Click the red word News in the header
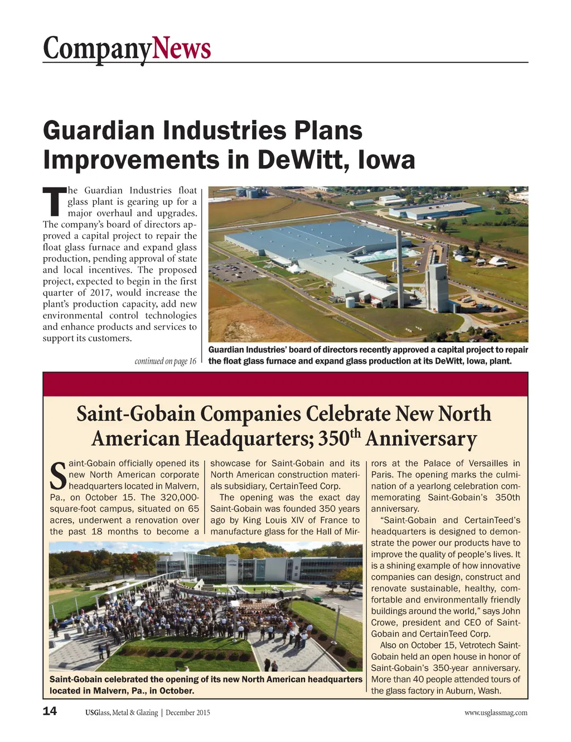(x=181, y=49)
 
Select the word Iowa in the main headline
(x=386, y=160)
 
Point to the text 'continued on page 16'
(x=166, y=362)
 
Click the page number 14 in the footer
(x=50, y=711)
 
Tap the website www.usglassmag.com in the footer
(x=495, y=712)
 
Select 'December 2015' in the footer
(x=188, y=712)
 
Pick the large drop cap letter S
(x=58, y=475)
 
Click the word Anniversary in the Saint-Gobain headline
(x=422, y=439)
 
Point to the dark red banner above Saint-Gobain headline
(x=285, y=384)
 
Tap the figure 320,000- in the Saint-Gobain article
(x=177, y=498)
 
